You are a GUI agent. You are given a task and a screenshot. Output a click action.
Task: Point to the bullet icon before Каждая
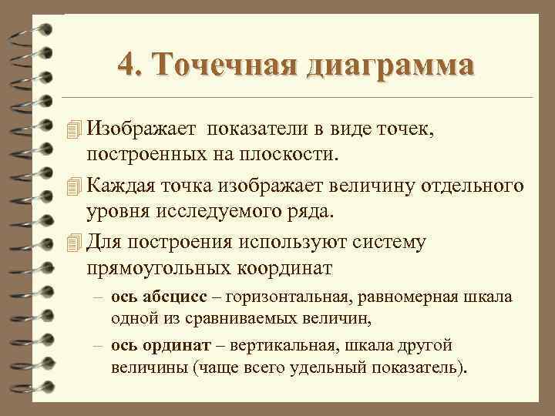[x=73, y=184]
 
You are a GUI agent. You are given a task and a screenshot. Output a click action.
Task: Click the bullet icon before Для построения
[x=73, y=242]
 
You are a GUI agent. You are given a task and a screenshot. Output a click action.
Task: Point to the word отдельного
[x=475, y=184]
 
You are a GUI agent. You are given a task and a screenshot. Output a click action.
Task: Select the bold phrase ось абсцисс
[x=157, y=297]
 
